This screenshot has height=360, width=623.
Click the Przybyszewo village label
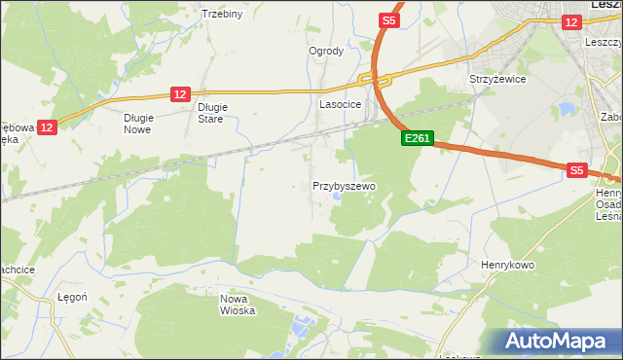click(344, 185)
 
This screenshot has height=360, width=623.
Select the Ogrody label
click(326, 51)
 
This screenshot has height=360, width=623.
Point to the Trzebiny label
click(221, 14)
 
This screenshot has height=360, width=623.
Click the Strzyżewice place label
click(497, 79)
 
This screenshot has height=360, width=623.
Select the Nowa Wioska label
click(238, 305)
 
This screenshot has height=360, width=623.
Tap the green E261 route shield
click(417, 139)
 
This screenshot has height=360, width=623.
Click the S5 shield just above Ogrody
click(388, 19)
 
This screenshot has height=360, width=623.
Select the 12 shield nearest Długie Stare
click(179, 93)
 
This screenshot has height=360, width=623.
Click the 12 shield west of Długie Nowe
click(49, 126)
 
